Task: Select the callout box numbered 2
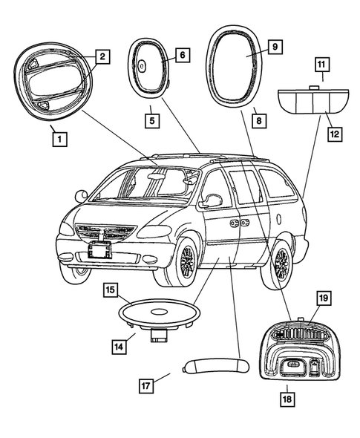point(102,56)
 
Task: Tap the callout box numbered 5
point(152,118)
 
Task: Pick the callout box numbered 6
point(183,54)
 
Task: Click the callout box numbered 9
point(274,47)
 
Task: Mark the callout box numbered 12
point(335,134)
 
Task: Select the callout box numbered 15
point(110,290)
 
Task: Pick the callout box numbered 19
point(324,299)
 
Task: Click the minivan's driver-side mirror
point(212,200)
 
